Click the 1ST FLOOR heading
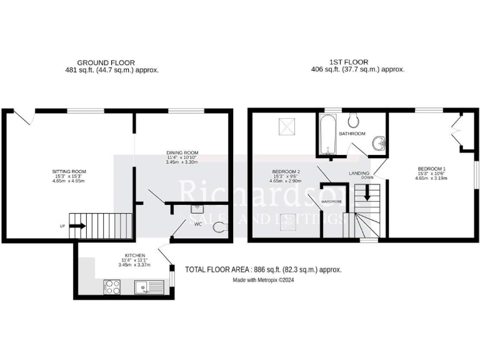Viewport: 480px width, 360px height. point(349,62)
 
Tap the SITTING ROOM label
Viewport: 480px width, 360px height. point(69,171)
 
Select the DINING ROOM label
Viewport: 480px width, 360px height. point(182,152)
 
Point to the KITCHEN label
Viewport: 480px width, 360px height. point(135,256)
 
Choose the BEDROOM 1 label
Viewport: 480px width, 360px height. point(431,168)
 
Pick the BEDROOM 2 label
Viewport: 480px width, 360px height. point(287,172)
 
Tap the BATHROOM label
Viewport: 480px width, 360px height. point(352,134)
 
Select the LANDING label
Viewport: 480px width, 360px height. point(359,174)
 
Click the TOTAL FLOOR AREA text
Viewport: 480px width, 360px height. point(263,269)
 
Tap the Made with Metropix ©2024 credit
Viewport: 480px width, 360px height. point(263,281)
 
